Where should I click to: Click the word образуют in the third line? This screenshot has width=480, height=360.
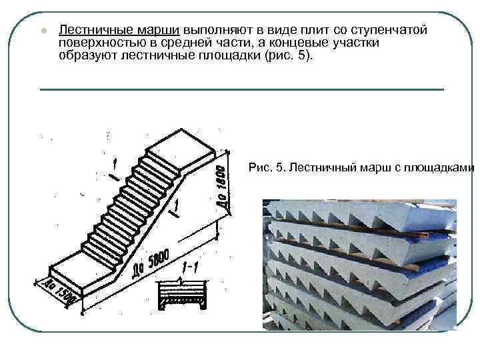[86, 55]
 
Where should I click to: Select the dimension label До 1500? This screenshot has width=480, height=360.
[59, 292]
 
